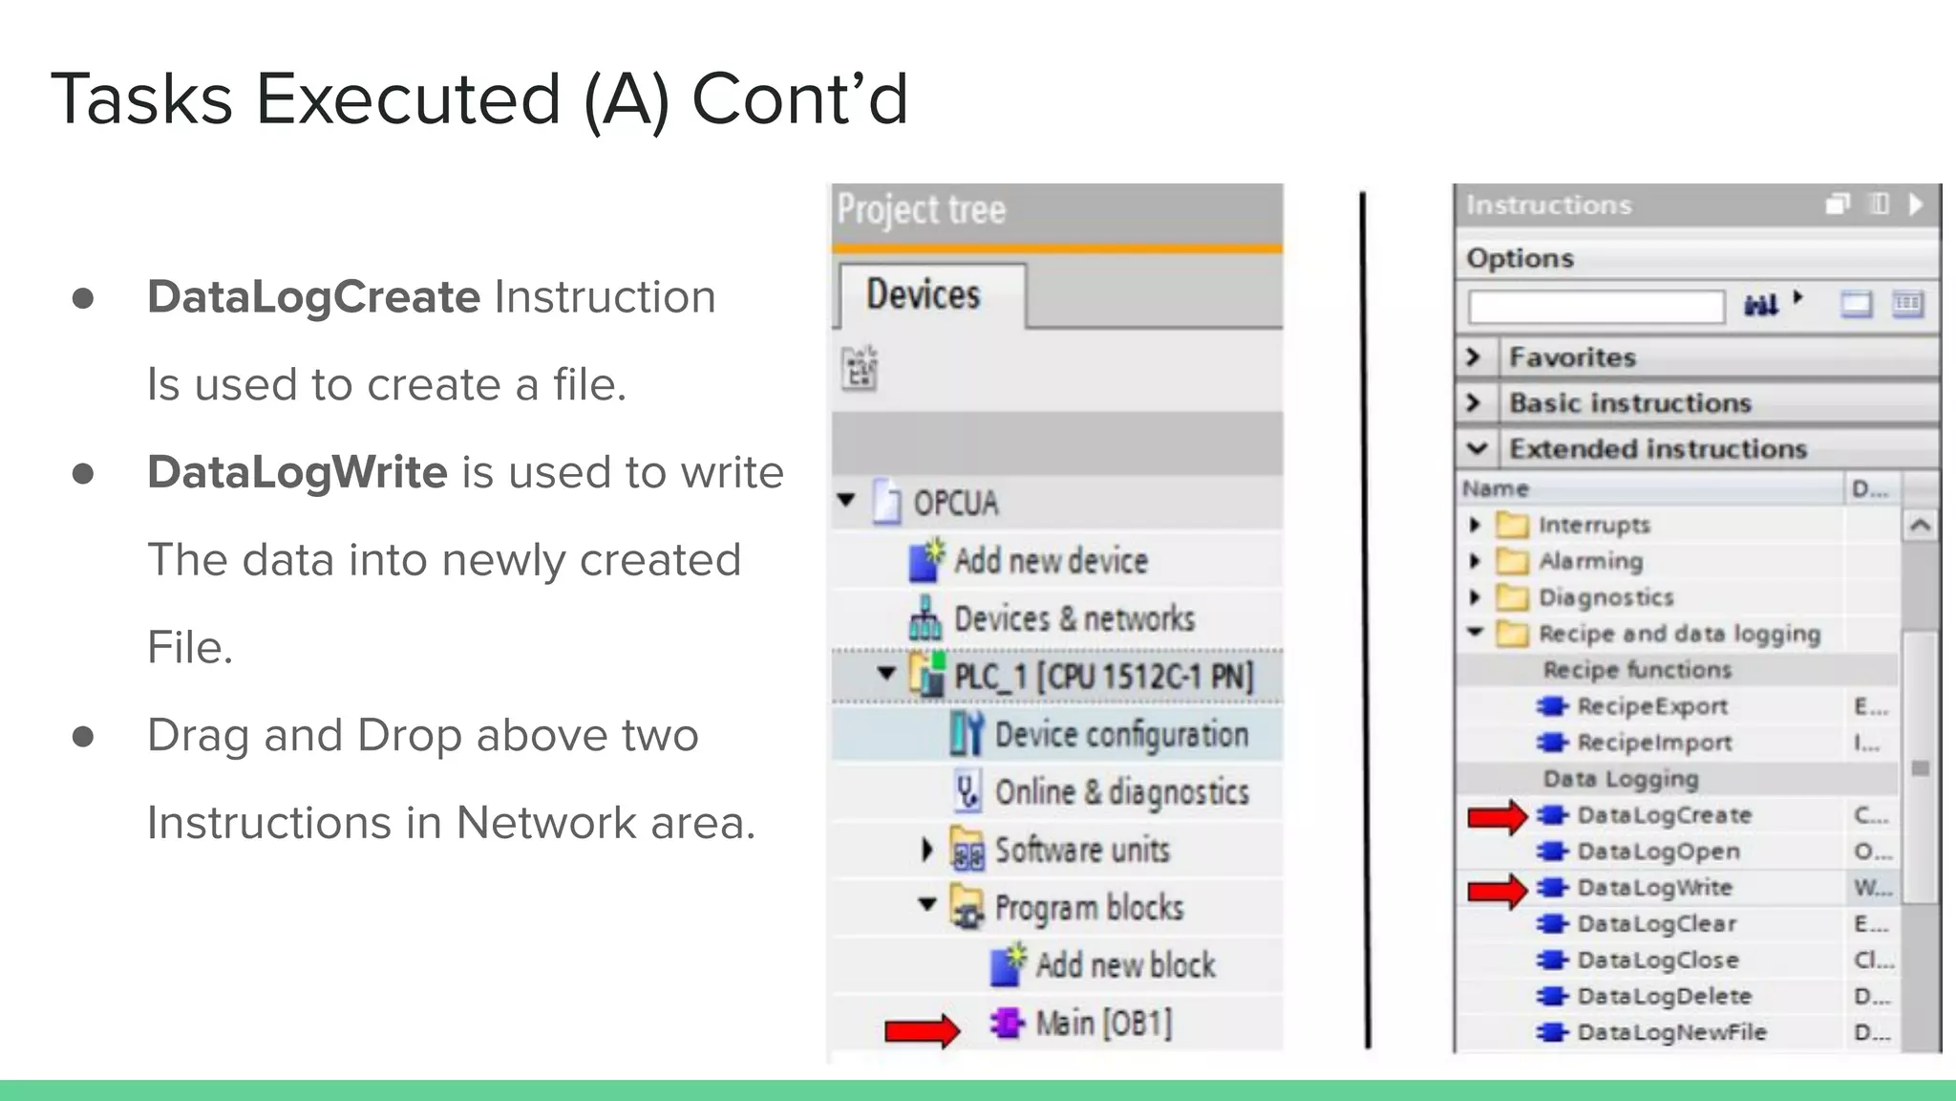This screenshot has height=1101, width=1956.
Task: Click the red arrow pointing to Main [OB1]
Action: tap(922, 1029)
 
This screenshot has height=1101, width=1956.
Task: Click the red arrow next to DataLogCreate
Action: tap(1498, 816)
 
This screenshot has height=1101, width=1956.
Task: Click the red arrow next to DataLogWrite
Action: tap(1498, 890)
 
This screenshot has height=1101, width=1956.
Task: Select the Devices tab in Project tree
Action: tap(924, 294)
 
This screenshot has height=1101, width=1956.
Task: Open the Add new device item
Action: tap(1050, 561)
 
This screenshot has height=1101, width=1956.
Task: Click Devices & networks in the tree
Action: tap(1074, 619)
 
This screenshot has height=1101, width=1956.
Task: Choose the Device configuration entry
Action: tap(1120, 735)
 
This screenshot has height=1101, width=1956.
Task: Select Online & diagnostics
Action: tap(1121, 792)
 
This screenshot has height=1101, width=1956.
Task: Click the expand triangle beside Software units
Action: tap(926, 850)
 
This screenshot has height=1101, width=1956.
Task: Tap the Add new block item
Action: tap(1124, 965)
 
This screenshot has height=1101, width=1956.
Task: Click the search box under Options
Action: tap(1595, 307)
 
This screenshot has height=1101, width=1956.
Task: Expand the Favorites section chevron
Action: tap(1474, 357)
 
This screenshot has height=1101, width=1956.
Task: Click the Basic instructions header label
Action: tap(1629, 403)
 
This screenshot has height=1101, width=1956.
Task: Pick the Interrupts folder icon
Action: tap(1512, 525)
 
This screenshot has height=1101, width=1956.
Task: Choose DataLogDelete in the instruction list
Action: tap(1664, 996)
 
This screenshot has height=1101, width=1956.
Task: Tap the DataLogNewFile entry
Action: tap(1670, 1032)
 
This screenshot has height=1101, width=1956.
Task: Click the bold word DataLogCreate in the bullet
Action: tap(313, 297)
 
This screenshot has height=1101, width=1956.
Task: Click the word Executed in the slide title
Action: tap(408, 99)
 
